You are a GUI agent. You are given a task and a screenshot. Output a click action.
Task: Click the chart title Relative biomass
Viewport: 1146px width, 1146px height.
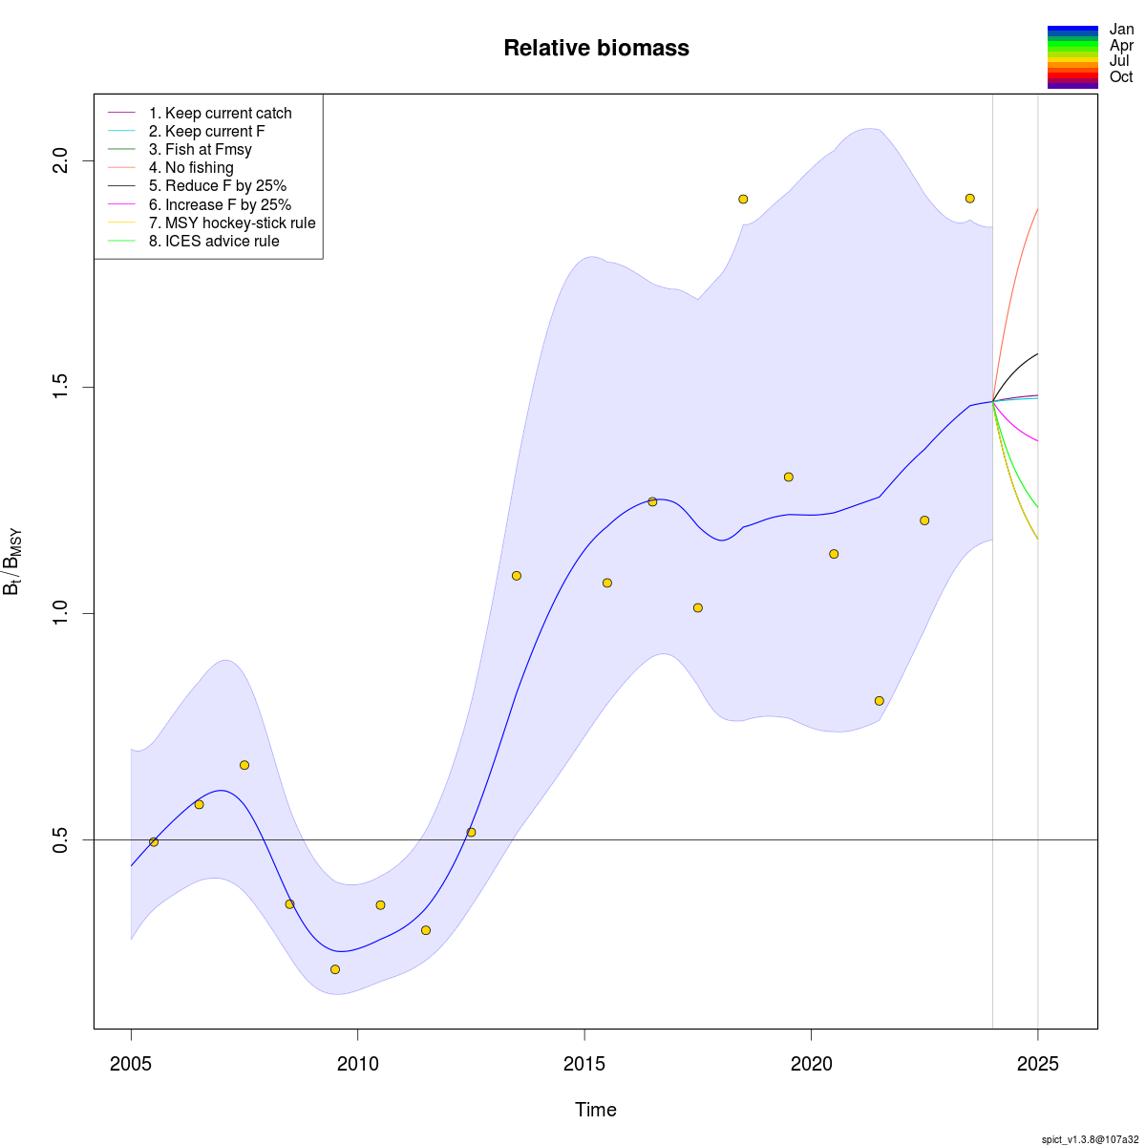point(596,48)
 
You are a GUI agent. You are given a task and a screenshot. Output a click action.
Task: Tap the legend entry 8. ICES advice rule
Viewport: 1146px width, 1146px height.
point(222,242)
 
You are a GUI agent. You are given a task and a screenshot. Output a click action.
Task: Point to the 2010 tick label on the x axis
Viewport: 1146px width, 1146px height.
point(357,1065)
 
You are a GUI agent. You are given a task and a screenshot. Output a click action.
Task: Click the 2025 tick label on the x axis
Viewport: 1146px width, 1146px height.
point(1038,1065)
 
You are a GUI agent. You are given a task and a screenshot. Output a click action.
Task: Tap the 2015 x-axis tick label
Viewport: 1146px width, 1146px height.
point(584,1065)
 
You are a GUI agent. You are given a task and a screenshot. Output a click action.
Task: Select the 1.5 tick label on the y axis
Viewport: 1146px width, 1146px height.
point(59,387)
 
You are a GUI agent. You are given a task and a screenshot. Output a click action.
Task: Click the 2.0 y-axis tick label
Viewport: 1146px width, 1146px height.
point(59,160)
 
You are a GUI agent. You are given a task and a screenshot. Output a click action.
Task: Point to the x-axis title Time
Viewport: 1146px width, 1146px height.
point(596,1110)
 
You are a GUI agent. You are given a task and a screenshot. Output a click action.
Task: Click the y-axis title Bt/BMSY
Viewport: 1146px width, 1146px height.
point(13,562)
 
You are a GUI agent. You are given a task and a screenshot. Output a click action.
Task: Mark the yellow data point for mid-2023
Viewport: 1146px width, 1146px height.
point(969,199)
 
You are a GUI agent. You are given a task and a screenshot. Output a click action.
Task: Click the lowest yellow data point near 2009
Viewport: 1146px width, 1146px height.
point(335,969)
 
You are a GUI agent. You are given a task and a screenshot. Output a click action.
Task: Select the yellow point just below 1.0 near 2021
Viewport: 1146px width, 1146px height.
point(879,701)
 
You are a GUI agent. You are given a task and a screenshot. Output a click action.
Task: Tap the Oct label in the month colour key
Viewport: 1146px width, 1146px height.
point(1121,77)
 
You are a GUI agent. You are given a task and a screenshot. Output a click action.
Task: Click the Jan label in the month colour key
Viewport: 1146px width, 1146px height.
point(1121,30)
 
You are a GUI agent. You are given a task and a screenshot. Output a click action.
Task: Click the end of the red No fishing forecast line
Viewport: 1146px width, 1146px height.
point(1037,210)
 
